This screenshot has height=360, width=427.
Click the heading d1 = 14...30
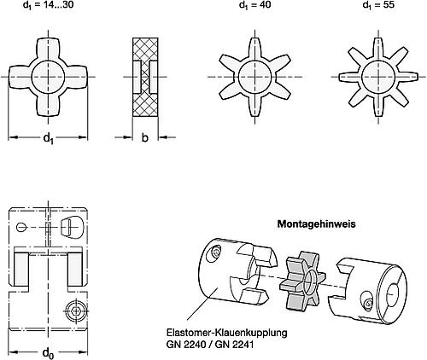tap(48, 5)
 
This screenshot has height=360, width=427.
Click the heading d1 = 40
tap(254, 5)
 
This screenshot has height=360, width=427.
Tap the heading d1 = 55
tap(378, 5)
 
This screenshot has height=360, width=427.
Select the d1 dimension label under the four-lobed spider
tap(48, 139)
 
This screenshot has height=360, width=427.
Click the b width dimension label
tap(145, 138)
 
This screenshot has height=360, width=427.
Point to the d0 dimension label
tap(48, 353)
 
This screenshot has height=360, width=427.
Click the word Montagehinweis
tap(317, 224)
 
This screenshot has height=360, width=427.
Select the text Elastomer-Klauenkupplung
tap(227, 333)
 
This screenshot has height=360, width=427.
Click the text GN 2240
tap(186, 345)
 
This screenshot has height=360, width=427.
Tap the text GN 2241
tap(234, 345)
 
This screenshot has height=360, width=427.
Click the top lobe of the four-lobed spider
tap(49, 49)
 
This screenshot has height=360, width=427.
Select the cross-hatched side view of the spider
tap(145, 77)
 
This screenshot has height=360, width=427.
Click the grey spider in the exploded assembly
tap(302, 281)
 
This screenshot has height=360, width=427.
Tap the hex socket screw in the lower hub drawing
tap(76, 311)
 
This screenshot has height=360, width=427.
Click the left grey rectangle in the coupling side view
tap(20, 269)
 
